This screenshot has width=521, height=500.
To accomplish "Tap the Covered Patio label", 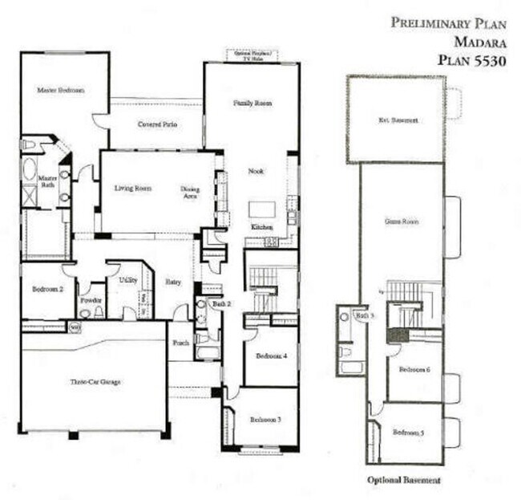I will click(x=157, y=124).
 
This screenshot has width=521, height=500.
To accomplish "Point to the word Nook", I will click(x=256, y=172).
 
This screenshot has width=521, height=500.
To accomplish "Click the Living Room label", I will click(x=133, y=189).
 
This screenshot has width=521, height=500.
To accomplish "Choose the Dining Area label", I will click(x=190, y=192).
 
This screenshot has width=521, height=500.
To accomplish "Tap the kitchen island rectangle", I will click(x=261, y=209).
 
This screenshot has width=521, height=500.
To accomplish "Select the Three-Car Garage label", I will click(x=95, y=382).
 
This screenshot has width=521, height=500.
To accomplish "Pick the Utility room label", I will click(x=127, y=280).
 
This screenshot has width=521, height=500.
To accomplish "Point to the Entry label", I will click(x=174, y=283).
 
